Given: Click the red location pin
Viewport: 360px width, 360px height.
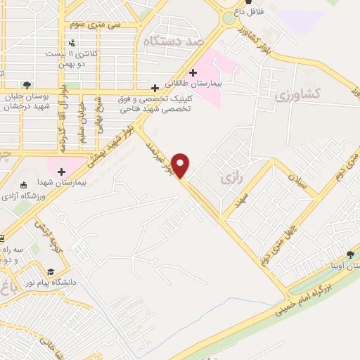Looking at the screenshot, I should pyautogui.click(x=181, y=165).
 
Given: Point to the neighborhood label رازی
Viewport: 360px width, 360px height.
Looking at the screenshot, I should pyautogui.click(x=231, y=179).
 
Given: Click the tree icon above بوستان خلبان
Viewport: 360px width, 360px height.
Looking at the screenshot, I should pyautogui.click(x=27, y=85).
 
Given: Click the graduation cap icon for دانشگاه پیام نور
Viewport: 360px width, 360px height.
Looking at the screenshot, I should pyautogui.click(x=51, y=272).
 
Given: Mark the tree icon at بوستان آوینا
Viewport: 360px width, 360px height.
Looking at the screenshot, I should pyautogui.click(x=350, y=255).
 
